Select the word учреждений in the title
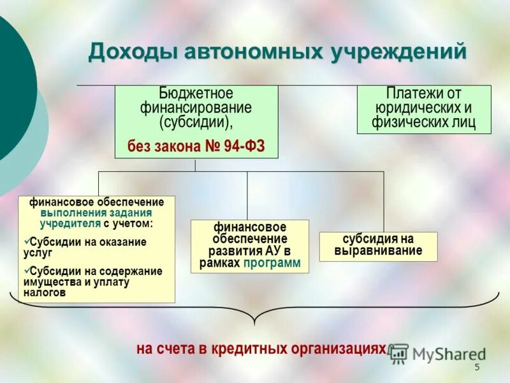tap(398, 52)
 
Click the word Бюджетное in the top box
tap(196, 94)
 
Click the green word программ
tap(271, 263)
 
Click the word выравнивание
tap(378, 251)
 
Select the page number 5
tap(476, 368)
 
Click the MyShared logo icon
tap(399, 352)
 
